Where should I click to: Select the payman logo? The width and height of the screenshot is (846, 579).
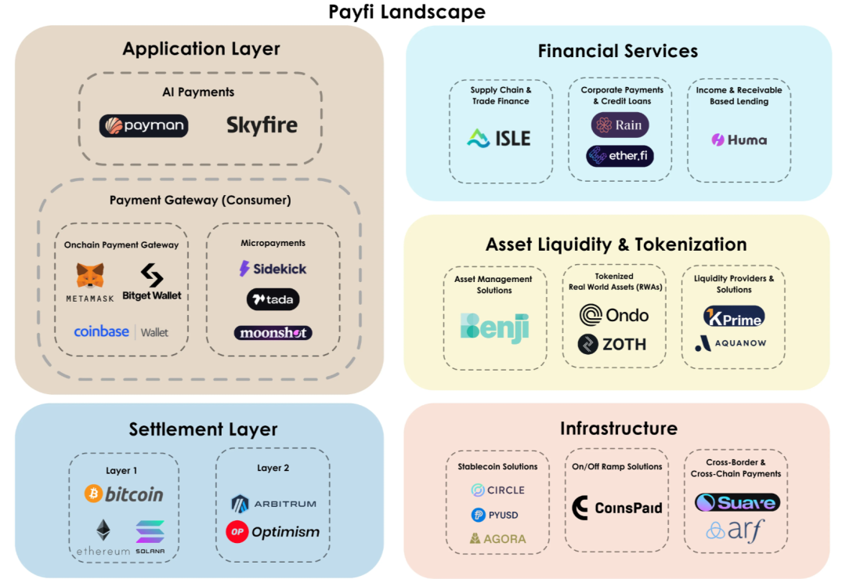[x=143, y=126]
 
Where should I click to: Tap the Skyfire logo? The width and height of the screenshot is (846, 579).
[x=262, y=125]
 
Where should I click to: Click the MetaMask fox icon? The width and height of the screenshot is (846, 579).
[x=89, y=276]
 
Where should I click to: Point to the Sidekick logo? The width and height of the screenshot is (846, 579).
[x=273, y=269]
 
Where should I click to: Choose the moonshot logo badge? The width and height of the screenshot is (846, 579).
[x=273, y=333]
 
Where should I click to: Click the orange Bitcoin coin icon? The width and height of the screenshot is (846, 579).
[x=94, y=494]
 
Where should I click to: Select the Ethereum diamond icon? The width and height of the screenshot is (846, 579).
[x=103, y=530]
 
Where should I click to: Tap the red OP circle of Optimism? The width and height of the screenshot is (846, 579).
[x=237, y=532]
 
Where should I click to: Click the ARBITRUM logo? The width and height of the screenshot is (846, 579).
[x=273, y=503]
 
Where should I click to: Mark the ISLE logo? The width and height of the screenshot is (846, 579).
[x=499, y=139]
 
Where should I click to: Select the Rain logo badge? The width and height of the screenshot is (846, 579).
[x=620, y=125]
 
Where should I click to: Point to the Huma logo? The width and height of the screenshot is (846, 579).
[x=739, y=140]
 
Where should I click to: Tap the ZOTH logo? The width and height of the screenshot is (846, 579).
[x=612, y=344]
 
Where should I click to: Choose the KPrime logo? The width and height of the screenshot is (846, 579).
[x=733, y=317]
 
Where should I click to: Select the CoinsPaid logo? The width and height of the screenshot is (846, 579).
[x=616, y=508]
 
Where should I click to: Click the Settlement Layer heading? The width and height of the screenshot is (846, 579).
[x=203, y=429]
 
